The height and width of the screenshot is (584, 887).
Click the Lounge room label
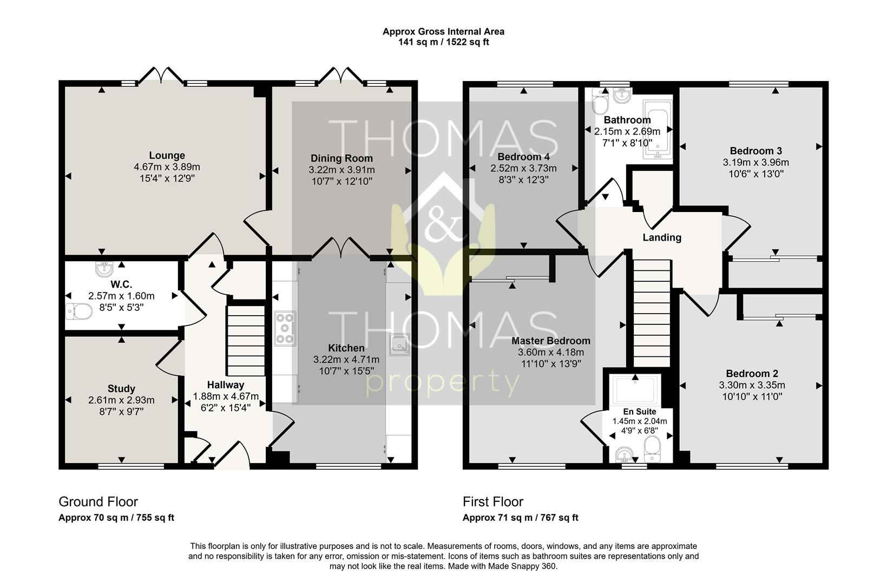point(167,156)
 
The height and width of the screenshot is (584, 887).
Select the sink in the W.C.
point(104,269)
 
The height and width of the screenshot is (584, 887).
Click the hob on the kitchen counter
point(285,329)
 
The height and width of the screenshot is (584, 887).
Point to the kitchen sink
point(399,344)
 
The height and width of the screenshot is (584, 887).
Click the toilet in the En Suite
point(652,449)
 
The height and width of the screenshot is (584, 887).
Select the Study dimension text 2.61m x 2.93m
point(121,400)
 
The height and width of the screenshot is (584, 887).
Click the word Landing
point(662,237)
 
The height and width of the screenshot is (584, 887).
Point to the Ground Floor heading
point(98,502)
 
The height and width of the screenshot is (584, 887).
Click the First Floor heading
point(493,502)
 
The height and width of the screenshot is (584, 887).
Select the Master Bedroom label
point(551,341)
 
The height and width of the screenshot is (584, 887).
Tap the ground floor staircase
point(246,340)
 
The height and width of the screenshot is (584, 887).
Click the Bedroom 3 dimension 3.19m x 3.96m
point(756,162)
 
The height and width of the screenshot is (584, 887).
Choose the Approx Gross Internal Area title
point(444,32)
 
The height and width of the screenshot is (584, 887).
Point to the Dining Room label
point(341,158)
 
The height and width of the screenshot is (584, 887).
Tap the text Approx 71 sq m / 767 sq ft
point(520,517)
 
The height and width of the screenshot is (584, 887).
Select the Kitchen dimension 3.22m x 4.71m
point(346,360)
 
